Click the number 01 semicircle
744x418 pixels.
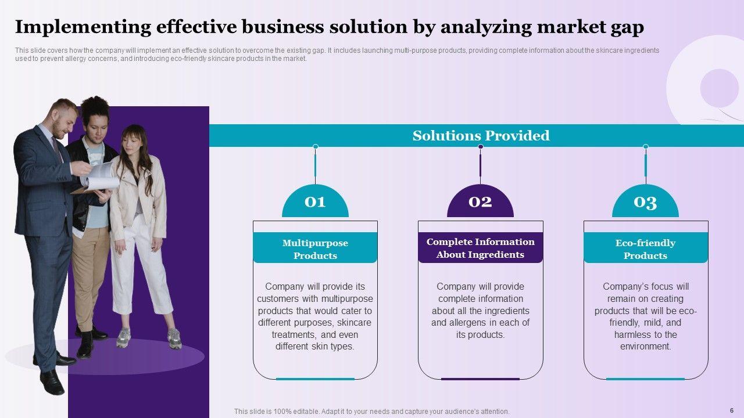315,202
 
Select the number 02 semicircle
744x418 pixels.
480,202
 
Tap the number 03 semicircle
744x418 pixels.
645,202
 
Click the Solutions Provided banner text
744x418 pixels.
481,136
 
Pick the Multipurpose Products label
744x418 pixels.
315,249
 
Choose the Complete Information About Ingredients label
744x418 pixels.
480,248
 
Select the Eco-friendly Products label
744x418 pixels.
645,249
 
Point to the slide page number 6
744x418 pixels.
731,410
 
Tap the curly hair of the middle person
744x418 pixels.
95,108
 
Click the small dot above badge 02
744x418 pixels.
480,147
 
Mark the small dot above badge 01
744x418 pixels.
315,147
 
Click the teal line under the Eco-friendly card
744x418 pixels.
645,379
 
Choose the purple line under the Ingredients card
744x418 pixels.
480,379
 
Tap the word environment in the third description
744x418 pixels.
645,347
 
